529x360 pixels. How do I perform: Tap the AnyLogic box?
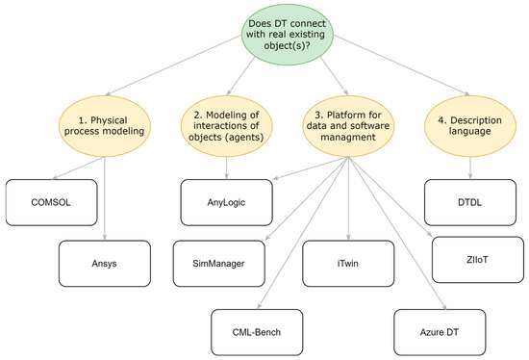point(227,200)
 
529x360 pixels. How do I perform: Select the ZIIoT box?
point(473,259)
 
